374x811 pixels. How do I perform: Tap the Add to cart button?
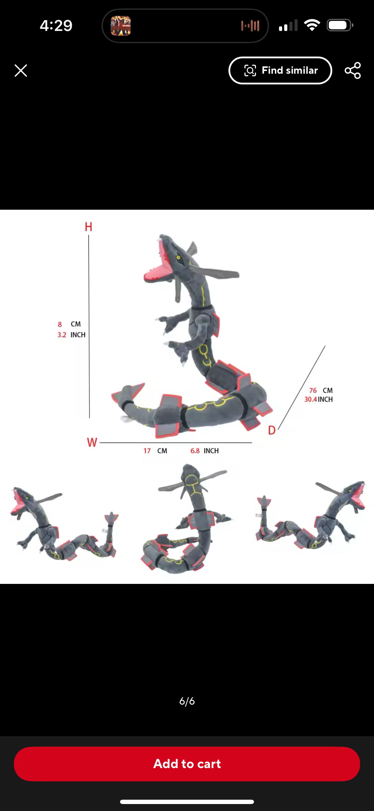(x=187, y=763)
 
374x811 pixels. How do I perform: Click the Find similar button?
(x=280, y=70)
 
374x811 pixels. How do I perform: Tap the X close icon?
(x=21, y=70)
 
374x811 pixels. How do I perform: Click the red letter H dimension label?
(x=88, y=226)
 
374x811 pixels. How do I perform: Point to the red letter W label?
(x=92, y=442)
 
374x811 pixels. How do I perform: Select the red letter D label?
(x=272, y=430)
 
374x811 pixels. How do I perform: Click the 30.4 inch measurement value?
(x=311, y=399)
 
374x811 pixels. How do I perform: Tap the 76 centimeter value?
(x=313, y=390)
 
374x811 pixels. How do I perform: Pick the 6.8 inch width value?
(x=195, y=450)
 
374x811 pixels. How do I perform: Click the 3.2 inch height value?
(x=62, y=335)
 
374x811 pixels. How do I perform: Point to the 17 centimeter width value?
(x=147, y=450)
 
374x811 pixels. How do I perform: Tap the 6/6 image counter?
(x=187, y=701)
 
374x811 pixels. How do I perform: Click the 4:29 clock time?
(x=56, y=25)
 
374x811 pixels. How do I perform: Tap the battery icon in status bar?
(x=340, y=25)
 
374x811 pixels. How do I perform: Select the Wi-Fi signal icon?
(x=312, y=25)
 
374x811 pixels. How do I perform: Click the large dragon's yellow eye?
(x=179, y=258)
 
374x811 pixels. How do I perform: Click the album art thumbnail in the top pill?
(x=121, y=26)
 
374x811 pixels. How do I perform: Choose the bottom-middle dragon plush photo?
(x=187, y=518)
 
